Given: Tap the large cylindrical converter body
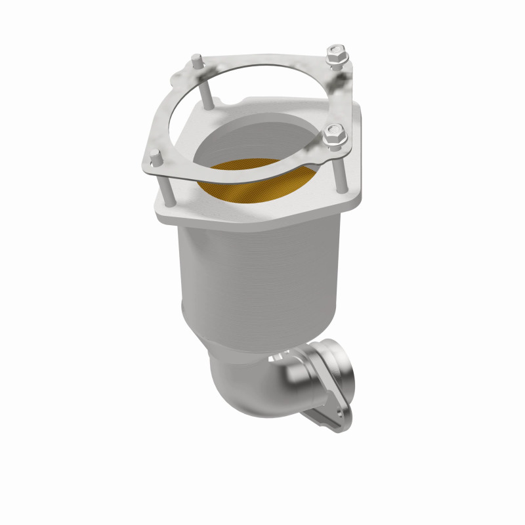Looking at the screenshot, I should pyautogui.click(x=262, y=276).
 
